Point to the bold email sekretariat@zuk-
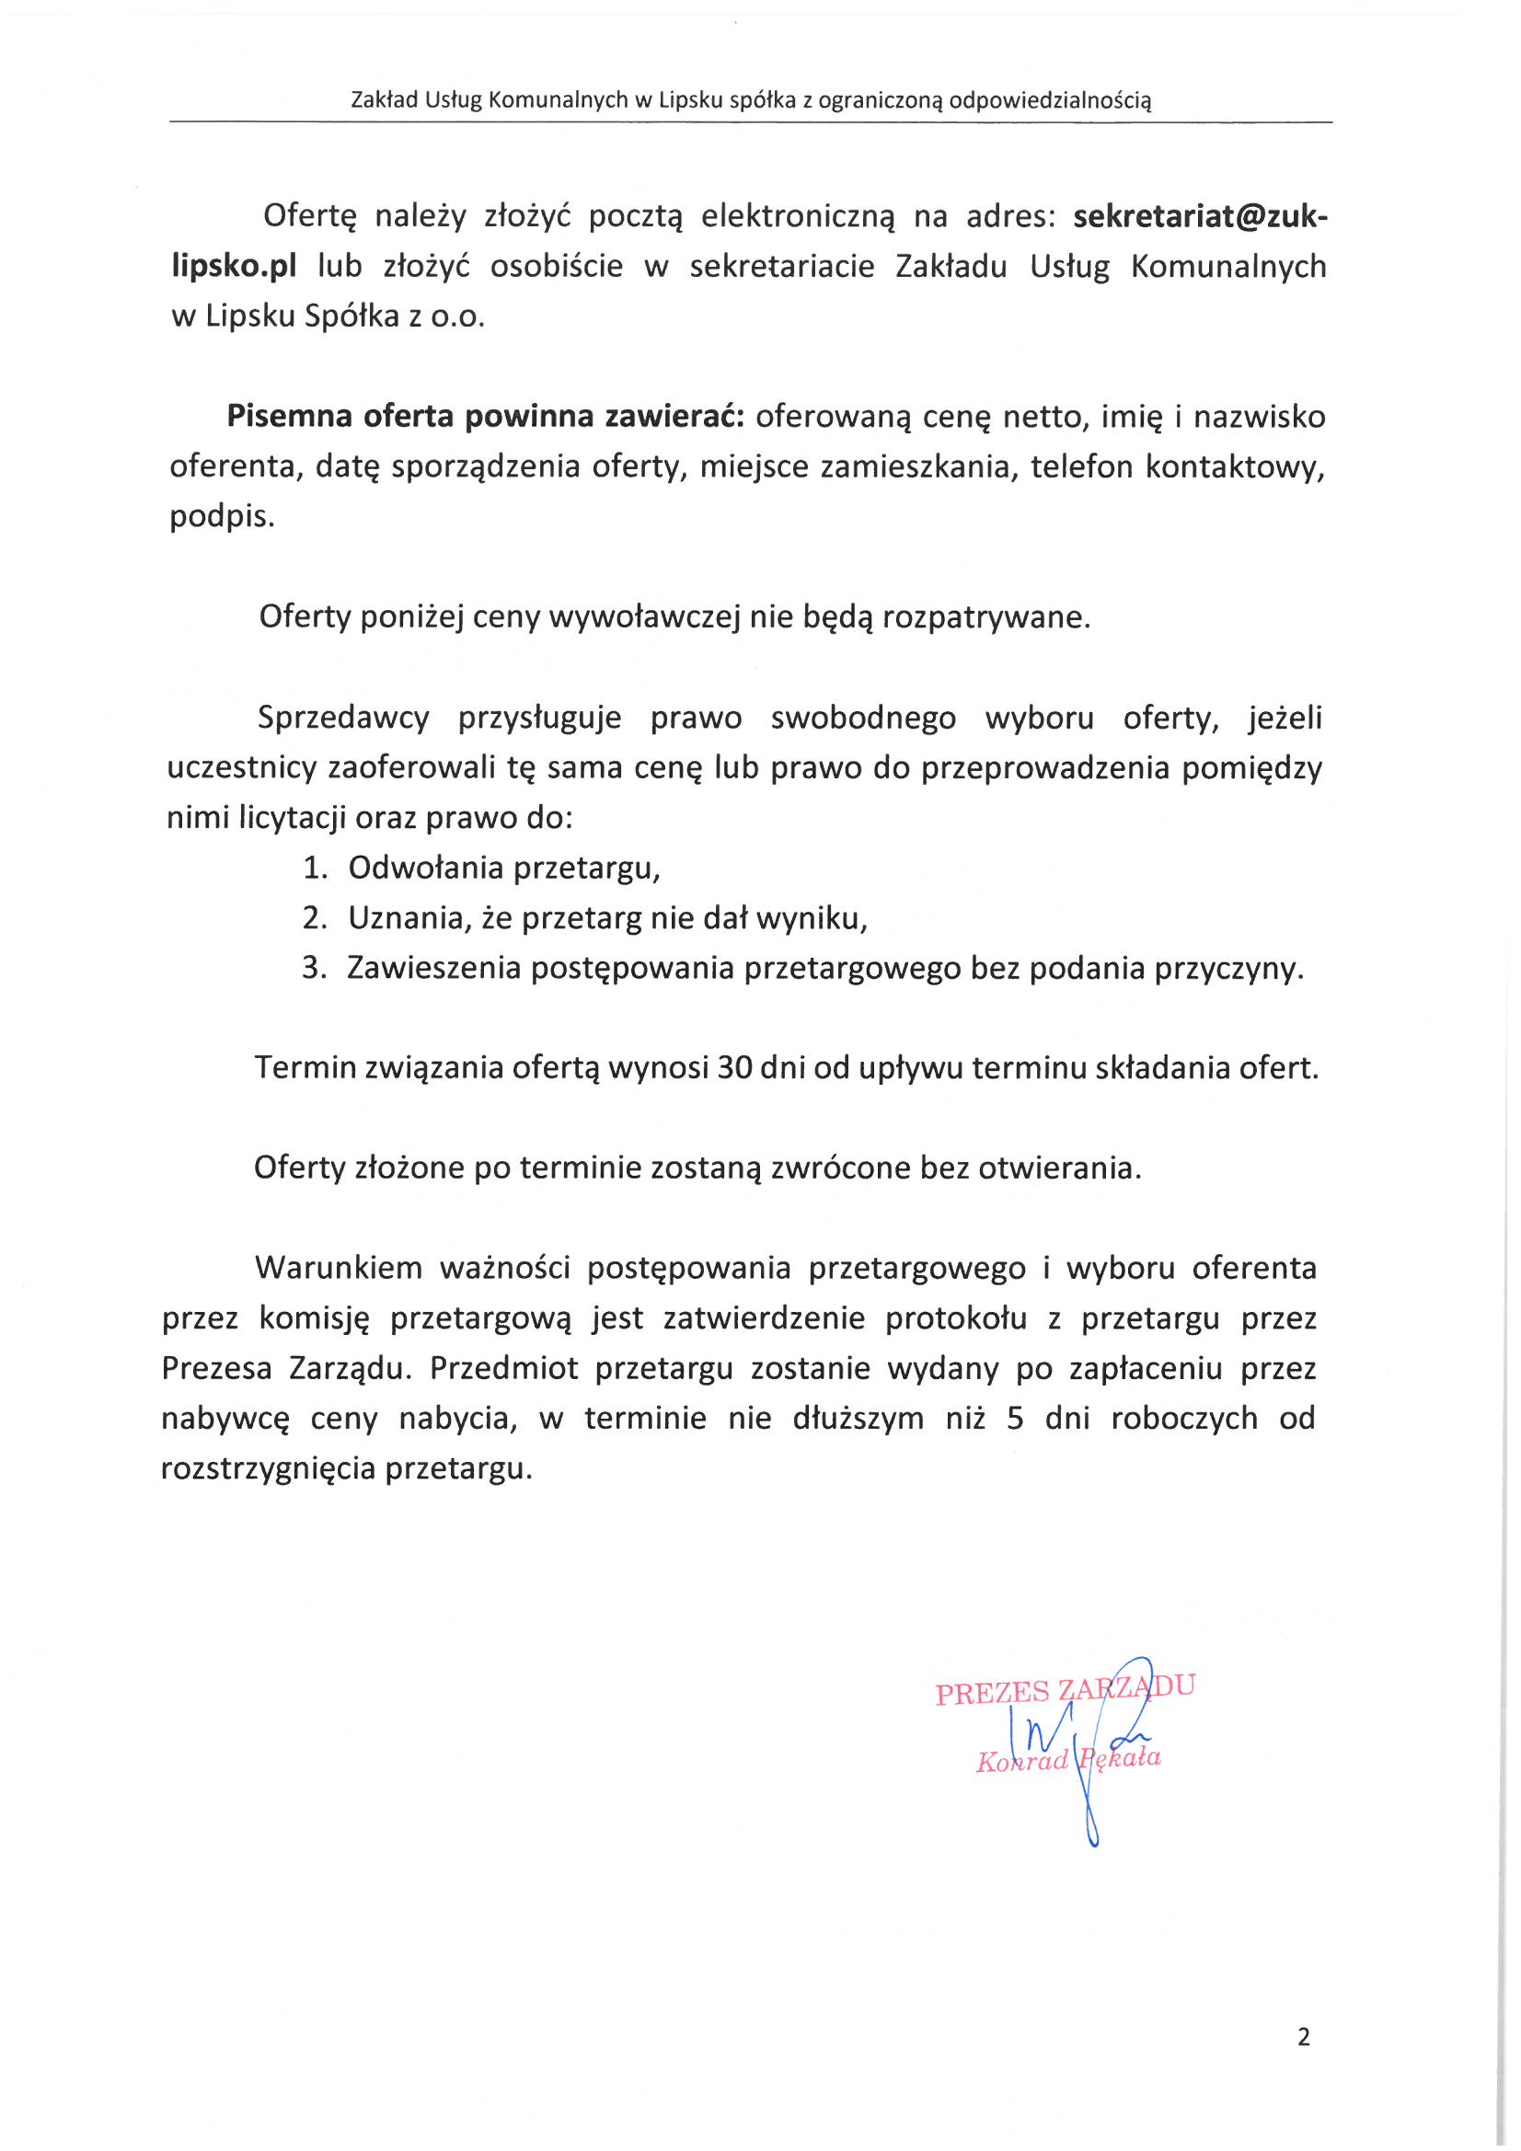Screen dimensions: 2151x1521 click(x=1201, y=216)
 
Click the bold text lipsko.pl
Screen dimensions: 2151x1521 click(x=234, y=267)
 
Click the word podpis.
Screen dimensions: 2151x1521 click(x=222, y=517)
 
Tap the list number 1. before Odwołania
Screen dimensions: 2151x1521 click(x=315, y=868)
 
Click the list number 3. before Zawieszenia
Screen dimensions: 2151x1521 click(x=314, y=968)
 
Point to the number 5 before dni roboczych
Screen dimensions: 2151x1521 click(x=1015, y=1419)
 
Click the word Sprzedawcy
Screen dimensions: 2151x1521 click(x=343, y=719)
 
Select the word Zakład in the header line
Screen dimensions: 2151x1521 click(x=385, y=100)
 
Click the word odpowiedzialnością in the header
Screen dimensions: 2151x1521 click(x=1050, y=100)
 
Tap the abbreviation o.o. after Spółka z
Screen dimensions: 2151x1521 click(x=457, y=316)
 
